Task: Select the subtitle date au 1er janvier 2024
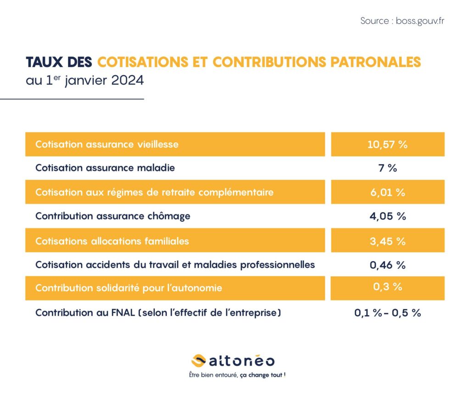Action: [x=84, y=81]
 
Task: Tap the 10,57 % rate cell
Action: [x=387, y=144]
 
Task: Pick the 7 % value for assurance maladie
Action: [x=387, y=168]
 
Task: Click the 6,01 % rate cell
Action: [x=387, y=192]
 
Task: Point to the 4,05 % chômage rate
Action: [x=387, y=216]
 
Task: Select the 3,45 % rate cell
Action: [x=387, y=241]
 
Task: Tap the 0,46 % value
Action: [x=387, y=265]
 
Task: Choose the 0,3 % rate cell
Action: [x=387, y=288]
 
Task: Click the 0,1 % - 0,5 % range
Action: [x=387, y=313]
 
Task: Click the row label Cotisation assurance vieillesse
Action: [x=107, y=144]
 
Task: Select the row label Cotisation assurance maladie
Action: [x=105, y=168]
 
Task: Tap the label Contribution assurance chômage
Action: [x=113, y=216]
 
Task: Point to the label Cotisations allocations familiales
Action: [x=112, y=241]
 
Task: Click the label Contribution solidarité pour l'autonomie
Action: [x=129, y=288]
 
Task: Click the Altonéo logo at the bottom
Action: [x=233, y=361]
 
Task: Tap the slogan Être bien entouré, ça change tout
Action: [x=237, y=375]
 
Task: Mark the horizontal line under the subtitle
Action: [x=72, y=99]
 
